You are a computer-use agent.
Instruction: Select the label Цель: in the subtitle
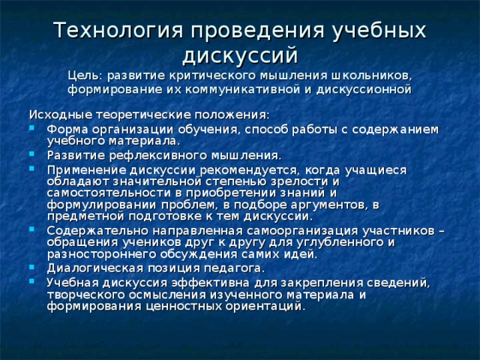pyautogui.click(x=85, y=76)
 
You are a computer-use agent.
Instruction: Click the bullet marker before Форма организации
pyautogui.click(x=32, y=129)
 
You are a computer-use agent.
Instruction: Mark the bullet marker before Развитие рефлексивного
pyautogui.click(x=32, y=155)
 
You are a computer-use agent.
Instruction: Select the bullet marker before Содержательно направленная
pyautogui.click(x=32, y=230)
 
